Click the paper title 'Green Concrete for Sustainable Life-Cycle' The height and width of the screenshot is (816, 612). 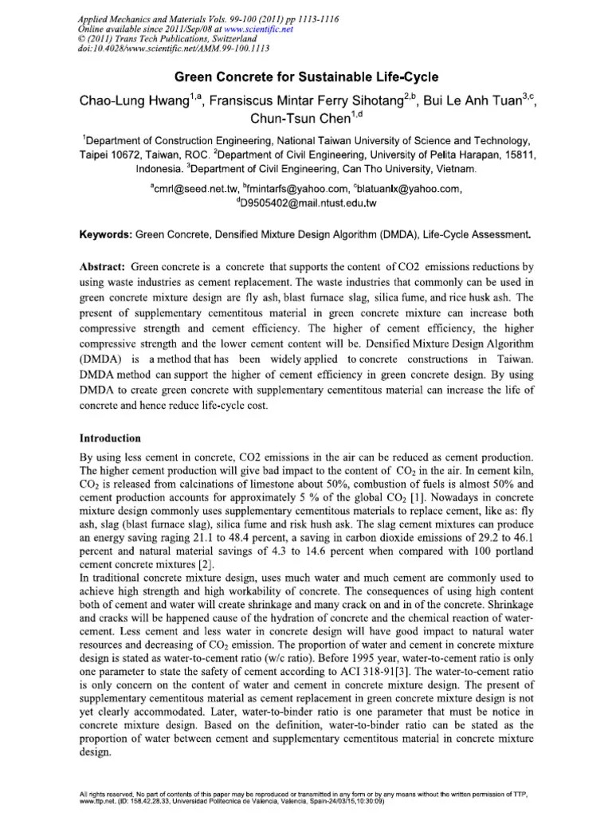tap(307, 78)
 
